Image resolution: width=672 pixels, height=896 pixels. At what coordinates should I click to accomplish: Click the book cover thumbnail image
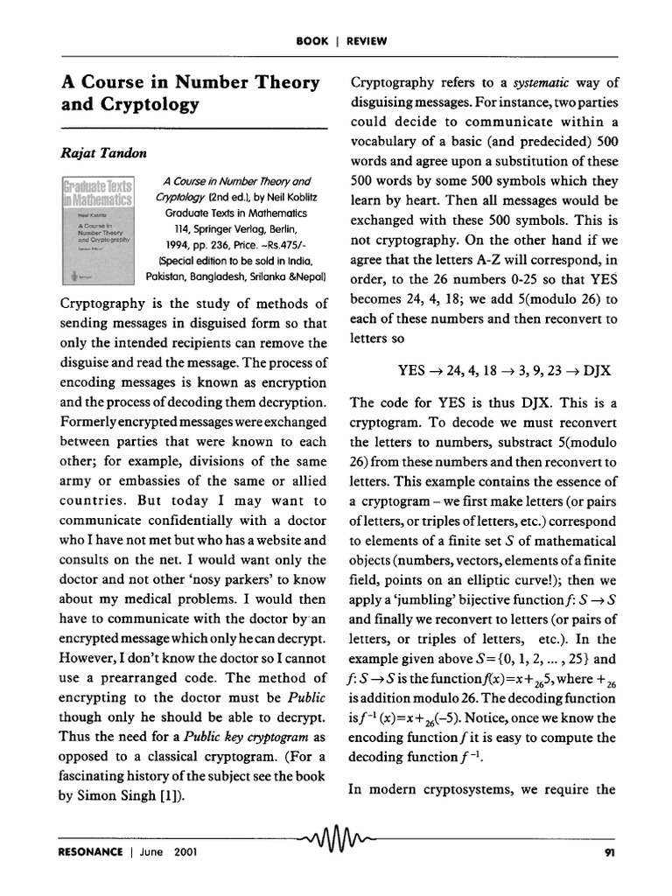(x=97, y=230)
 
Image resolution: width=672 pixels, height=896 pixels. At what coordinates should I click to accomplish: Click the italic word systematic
(x=547, y=83)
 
